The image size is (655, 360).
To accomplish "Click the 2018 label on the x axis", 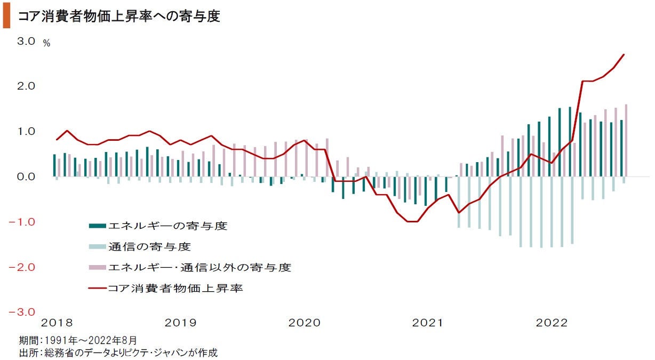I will (57, 323).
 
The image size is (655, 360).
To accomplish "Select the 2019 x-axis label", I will (180, 323).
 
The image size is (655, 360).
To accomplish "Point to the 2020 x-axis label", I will (304, 323).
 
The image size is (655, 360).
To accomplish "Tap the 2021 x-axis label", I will (428, 323).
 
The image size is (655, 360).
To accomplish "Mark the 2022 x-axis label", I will (552, 323).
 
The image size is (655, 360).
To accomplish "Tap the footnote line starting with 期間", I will (78, 340).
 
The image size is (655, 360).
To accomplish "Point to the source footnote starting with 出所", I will (118, 352).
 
